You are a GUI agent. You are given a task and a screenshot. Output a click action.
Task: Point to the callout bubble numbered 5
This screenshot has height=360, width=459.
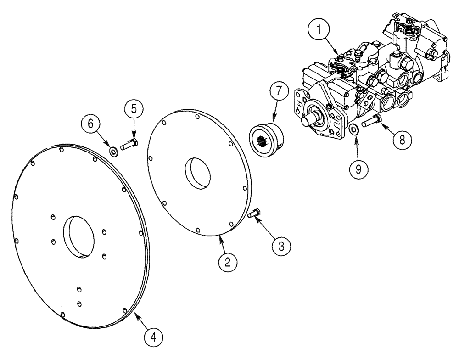[x=134, y=110]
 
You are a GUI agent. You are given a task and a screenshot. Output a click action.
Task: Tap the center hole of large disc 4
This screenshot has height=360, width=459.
[x=79, y=236]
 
